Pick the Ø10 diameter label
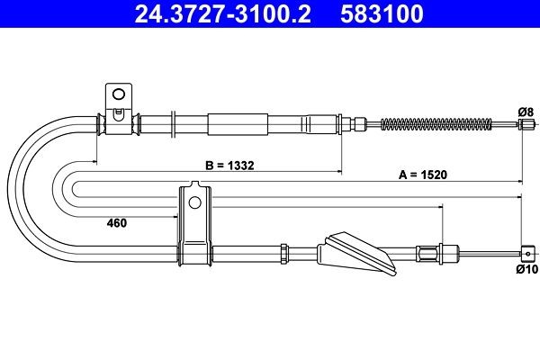526,268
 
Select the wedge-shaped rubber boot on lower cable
355,251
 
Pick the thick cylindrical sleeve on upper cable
238,123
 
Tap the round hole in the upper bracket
118,94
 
